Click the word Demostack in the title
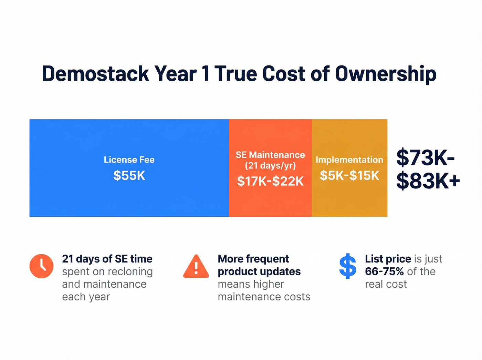click(x=95, y=74)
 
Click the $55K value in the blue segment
click(x=129, y=176)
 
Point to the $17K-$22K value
click(x=270, y=181)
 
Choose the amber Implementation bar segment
click(x=349, y=202)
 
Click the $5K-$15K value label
click(x=349, y=176)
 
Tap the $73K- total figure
click(x=426, y=158)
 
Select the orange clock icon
click(x=42, y=266)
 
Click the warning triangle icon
click(x=196, y=267)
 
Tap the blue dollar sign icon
click(x=348, y=266)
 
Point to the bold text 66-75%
click(x=384, y=271)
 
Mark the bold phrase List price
click(x=388, y=259)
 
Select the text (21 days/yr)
click(x=270, y=166)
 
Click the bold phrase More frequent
click(x=253, y=259)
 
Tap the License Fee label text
click(x=129, y=160)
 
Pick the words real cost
click(x=386, y=284)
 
